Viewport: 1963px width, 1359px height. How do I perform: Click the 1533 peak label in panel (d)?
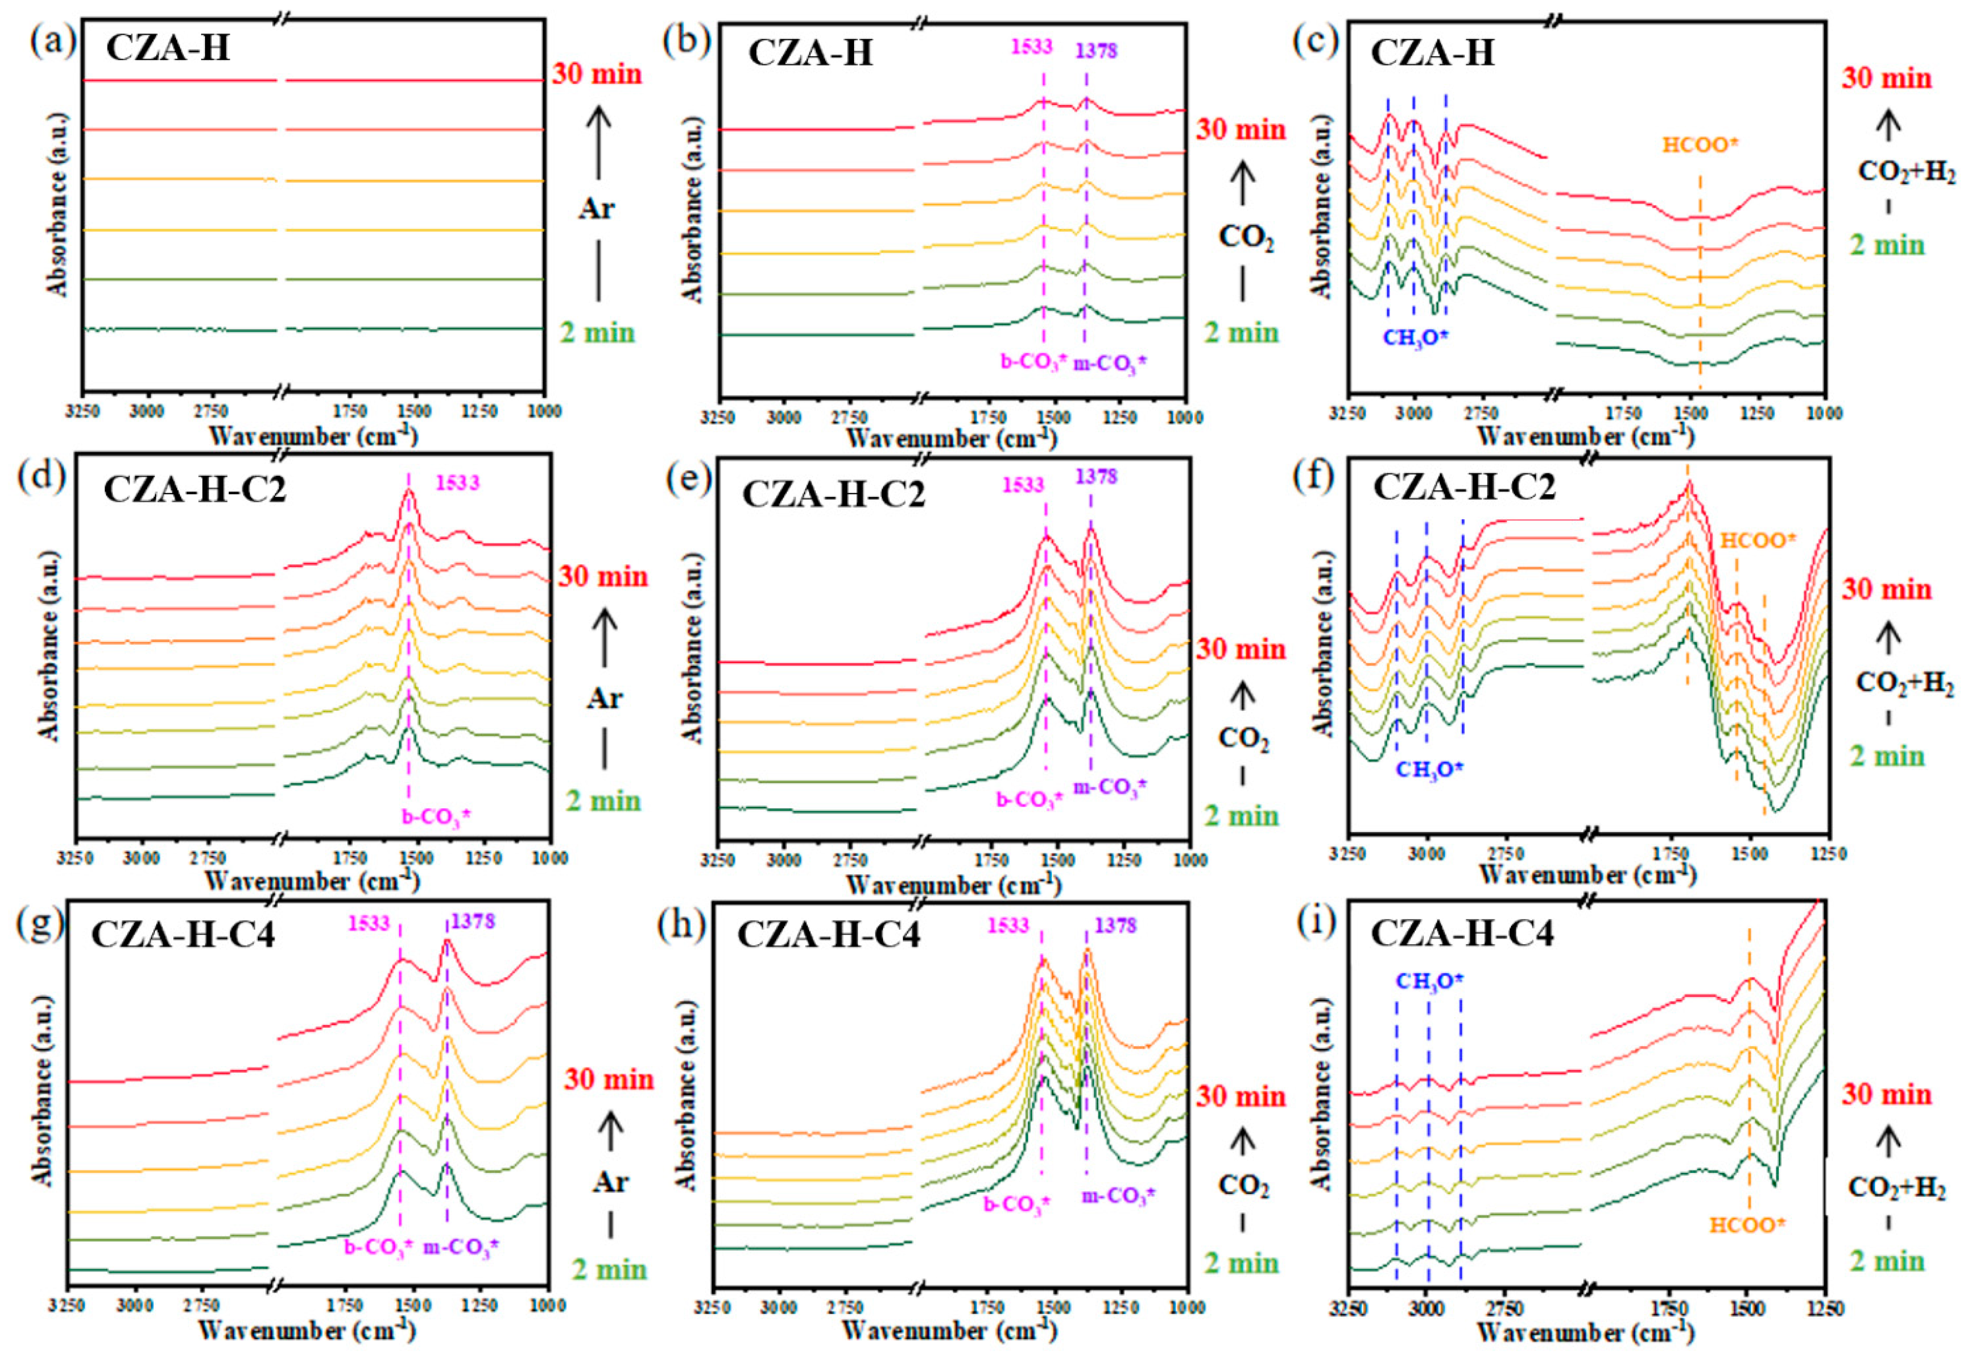tap(458, 483)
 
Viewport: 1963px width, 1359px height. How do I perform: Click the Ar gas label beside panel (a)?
tap(597, 209)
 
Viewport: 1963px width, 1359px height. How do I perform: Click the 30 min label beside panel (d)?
tap(603, 576)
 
